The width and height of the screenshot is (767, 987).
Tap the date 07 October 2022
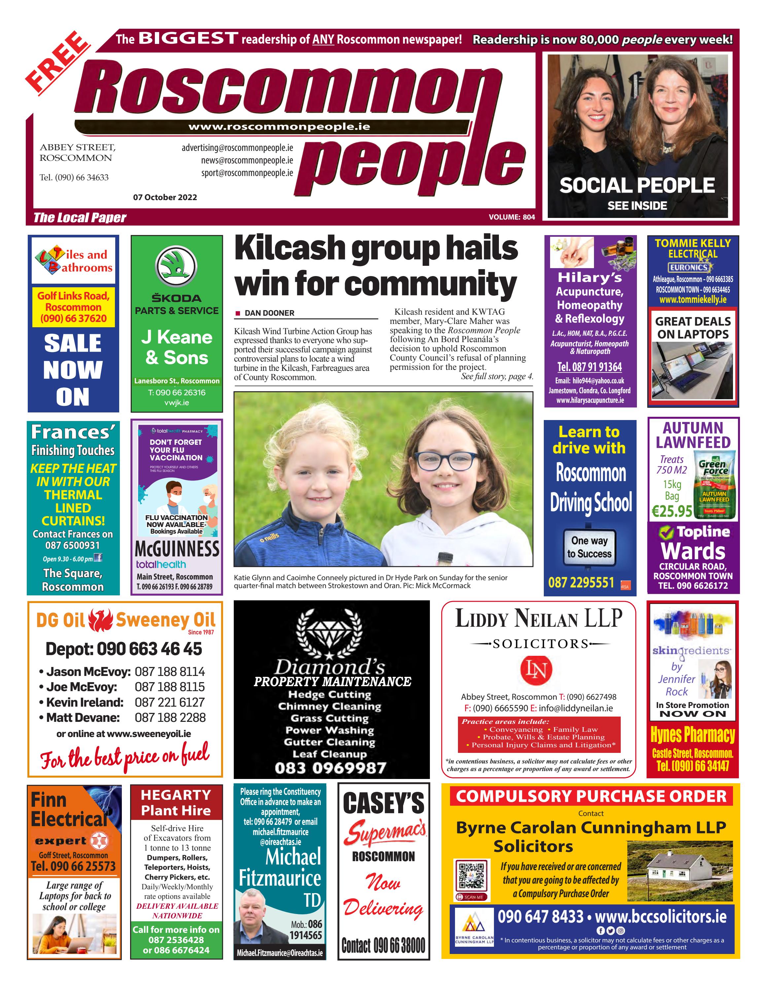[x=165, y=197]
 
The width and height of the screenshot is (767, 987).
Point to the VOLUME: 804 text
[x=512, y=217]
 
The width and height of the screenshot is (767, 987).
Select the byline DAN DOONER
[x=269, y=313]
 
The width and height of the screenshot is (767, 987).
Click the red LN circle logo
[x=537, y=669]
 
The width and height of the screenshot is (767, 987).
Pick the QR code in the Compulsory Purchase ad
[x=471, y=876]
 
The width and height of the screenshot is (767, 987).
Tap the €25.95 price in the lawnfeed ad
[x=672, y=511]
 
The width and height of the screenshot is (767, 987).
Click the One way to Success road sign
[x=589, y=547]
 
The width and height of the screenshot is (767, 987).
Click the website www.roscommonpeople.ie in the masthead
[x=279, y=127]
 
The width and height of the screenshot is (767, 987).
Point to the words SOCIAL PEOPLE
[x=637, y=185]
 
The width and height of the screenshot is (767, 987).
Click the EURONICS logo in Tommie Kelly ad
[x=688, y=267]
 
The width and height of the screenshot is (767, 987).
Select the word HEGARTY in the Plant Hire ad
[x=176, y=795]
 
